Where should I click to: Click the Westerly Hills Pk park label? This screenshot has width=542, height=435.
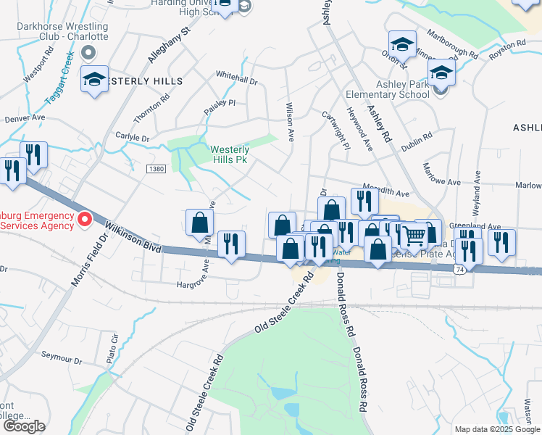pos(230,154)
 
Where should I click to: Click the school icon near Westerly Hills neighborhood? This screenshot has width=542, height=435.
pos(94,80)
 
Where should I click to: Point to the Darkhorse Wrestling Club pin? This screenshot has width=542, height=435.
pos(89,52)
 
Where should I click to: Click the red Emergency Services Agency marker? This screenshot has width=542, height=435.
pos(84,218)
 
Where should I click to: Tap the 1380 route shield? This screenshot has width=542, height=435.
pos(155,169)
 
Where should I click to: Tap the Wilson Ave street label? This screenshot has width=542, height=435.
pos(290,121)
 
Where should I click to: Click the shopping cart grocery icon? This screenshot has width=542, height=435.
pos(413,234)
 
